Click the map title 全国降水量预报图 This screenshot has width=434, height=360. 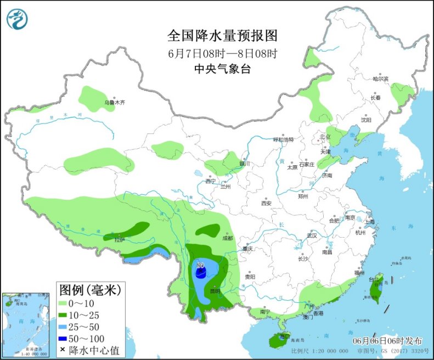pos(222,36)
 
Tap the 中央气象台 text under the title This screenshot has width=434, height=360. pos(222,69)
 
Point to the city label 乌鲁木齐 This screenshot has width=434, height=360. pos(115,103)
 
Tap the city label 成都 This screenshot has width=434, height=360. pos(228,238)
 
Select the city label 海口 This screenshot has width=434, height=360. pos(284,335)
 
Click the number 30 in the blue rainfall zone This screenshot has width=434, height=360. pos(200,266)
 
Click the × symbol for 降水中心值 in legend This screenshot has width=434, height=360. pos(63,350)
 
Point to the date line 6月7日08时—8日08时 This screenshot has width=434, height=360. pos(222,53)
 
